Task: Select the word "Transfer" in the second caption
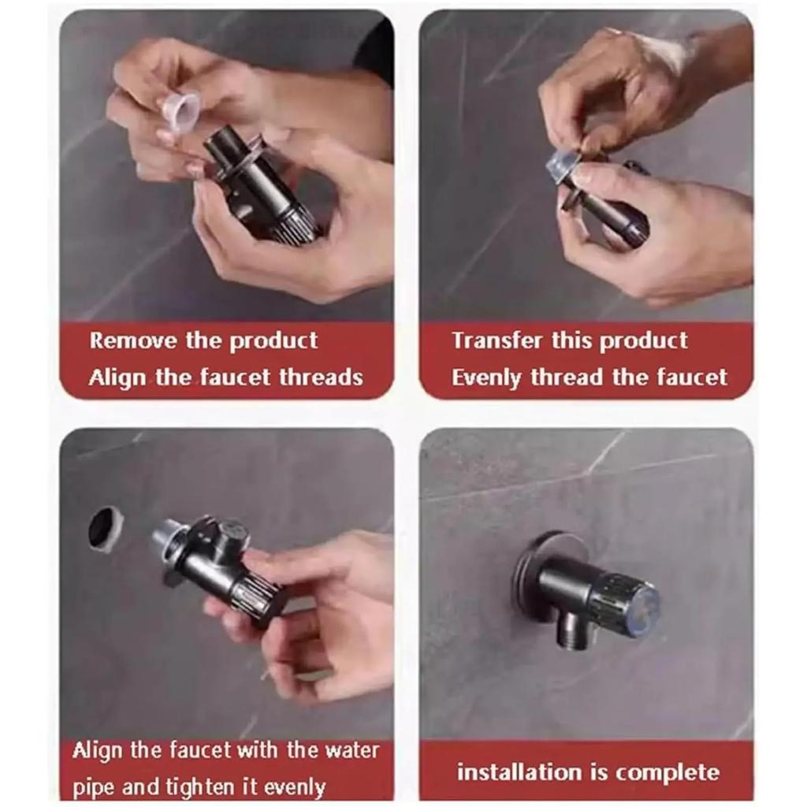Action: pyautogui.click(x=497, y=340)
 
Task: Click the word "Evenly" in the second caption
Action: pyautogui.click(x=486, y=378)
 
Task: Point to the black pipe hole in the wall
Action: pyautogui.click(x=106, y=529)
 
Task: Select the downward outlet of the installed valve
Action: pyautogui.click(x=572, y=630)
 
